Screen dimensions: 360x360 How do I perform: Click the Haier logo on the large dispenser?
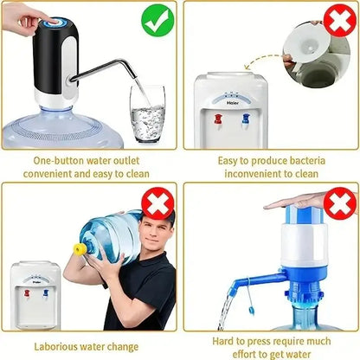click(231, 100)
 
